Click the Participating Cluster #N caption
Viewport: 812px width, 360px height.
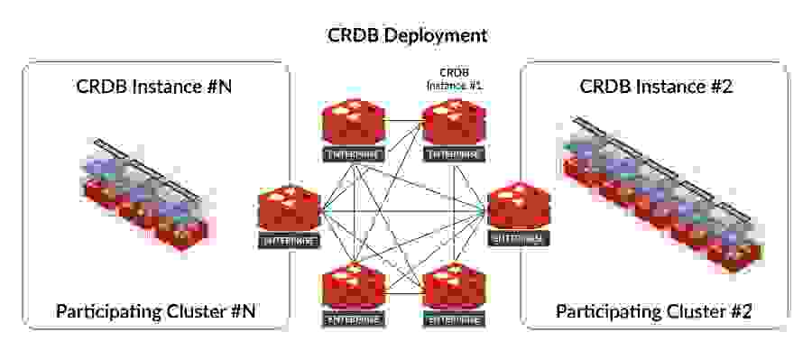[156, 312]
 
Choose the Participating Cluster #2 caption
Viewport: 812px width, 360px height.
[653, 312]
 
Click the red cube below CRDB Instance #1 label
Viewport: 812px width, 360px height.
[454, 122]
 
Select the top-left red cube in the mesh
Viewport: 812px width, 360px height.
[353, 122]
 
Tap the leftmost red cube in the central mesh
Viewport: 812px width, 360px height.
[289, 208]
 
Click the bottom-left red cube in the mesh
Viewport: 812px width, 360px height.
[353, 288]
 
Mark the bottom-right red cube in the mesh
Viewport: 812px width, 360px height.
[454, 288]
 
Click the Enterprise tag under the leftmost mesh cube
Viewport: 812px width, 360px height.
[289, 241]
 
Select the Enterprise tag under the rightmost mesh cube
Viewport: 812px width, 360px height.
[517, 239]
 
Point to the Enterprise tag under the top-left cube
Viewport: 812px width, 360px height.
[353, 153]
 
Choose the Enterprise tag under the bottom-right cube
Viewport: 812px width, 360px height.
[454, 319]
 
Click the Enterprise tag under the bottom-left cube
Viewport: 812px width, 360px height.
[353, 319]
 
